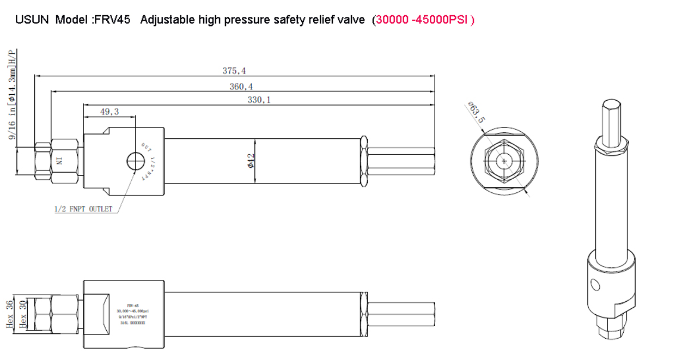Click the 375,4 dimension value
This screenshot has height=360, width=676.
click(x=234, y=71)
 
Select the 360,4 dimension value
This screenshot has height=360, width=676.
click(x=241, y=87)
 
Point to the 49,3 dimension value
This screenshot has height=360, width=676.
click(x=109, y=112)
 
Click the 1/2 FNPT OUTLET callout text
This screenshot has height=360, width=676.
click(x=83, y=209)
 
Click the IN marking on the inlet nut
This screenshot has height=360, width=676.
click(x=60, y=161)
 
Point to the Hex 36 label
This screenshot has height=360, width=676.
click(x=9, y=314)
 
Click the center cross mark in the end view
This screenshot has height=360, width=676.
click(x=505, y=161)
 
